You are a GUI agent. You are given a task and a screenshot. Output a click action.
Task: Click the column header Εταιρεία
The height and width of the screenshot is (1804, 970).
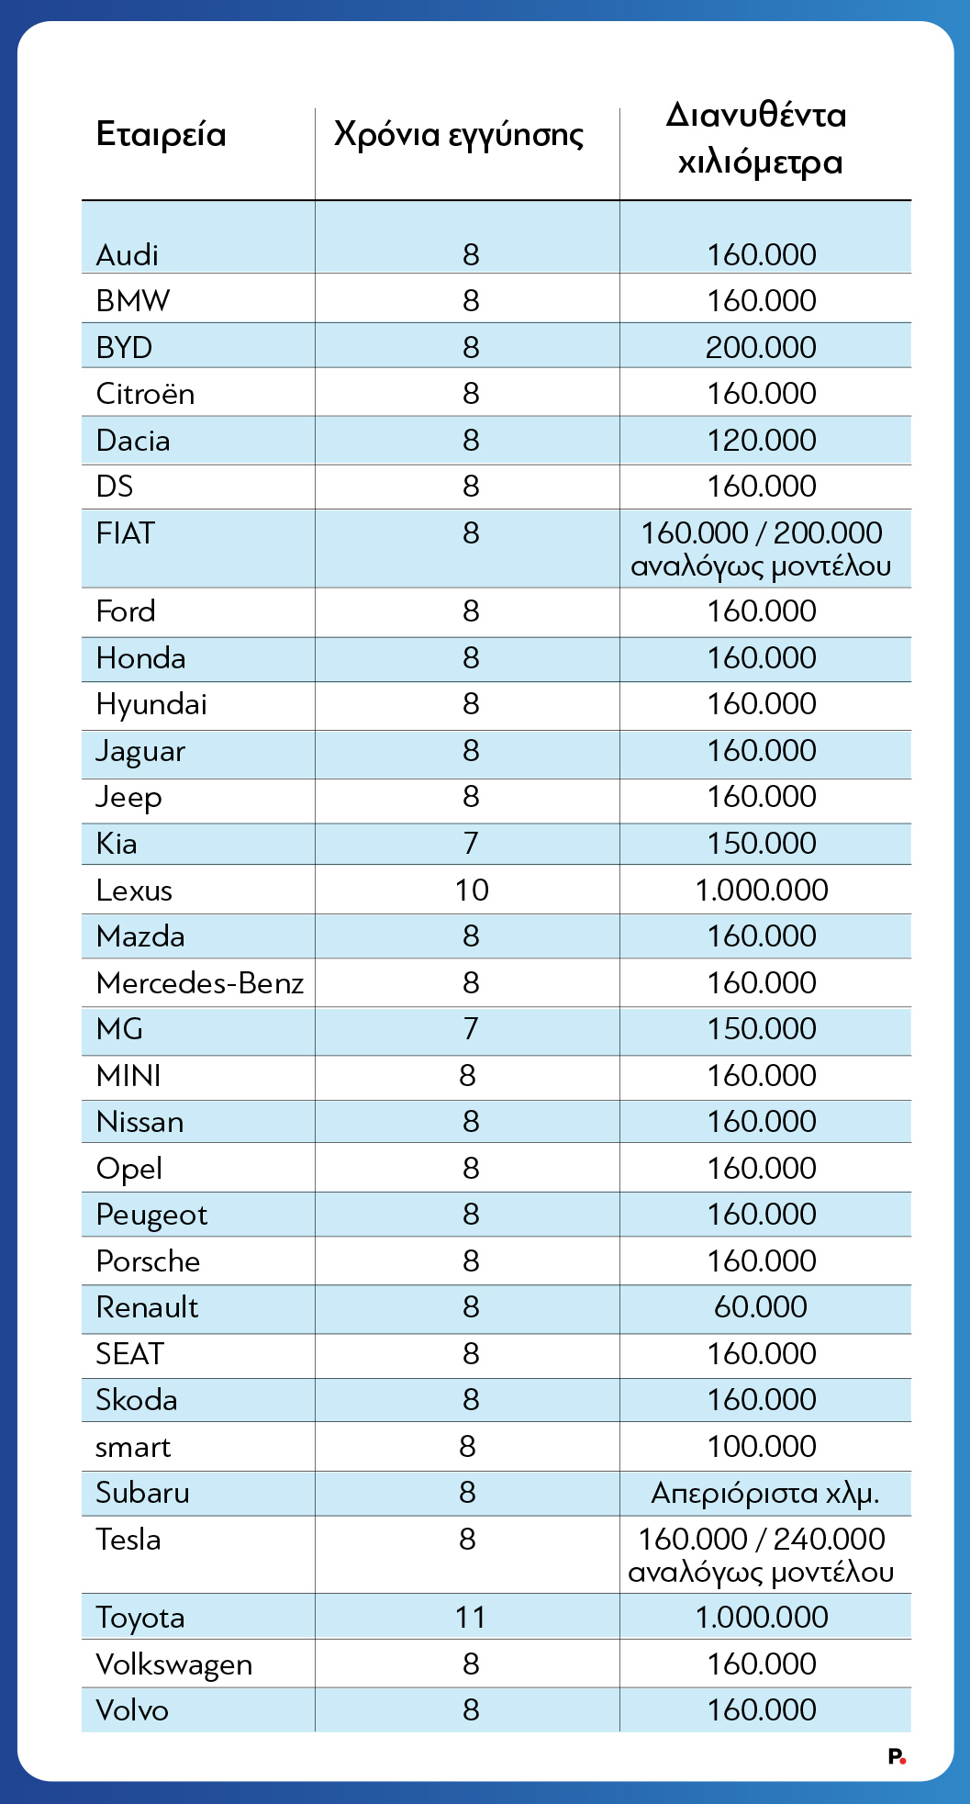click(x=161, y=135)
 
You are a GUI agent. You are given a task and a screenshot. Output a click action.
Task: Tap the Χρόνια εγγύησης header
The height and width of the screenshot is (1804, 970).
click(x=459, y=135)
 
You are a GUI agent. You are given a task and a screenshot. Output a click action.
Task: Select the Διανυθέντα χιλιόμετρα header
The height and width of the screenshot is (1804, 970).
click(x=760, y=139)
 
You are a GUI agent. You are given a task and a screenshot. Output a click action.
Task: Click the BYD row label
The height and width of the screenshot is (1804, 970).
click(x=124, y=348)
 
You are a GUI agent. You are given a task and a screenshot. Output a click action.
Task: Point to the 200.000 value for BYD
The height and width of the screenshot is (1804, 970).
click(x=761, y=348)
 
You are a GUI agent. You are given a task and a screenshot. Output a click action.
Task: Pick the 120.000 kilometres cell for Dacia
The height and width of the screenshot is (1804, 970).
click(x=761, y=441)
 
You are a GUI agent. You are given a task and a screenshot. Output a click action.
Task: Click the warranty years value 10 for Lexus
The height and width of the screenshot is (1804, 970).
click(x=472, y=890)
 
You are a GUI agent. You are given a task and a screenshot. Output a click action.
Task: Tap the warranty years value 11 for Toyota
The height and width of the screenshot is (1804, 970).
click(x=471, y=1617)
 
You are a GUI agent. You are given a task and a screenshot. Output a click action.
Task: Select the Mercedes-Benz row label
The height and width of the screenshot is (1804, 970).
click(x=199, y=983)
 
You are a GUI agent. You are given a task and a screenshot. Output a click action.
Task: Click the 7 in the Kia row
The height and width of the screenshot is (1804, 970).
click(x=471, y=843)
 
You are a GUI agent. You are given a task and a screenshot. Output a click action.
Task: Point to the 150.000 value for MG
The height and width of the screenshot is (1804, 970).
click(x=761, y=1028)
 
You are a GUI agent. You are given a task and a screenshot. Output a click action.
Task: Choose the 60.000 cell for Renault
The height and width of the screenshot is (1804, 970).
click(x=761, y=1306)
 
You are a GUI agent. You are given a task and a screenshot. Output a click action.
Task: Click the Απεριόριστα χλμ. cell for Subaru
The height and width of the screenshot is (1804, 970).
click(x=764, y=1493)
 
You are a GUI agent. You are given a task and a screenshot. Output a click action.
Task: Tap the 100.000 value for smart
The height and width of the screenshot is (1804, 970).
click(x=761, y=1446)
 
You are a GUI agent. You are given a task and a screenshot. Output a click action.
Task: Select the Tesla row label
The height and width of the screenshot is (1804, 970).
click(x=128, y=1540)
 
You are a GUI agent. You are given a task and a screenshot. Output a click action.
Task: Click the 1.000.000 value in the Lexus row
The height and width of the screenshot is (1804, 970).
click(x=762, y=890)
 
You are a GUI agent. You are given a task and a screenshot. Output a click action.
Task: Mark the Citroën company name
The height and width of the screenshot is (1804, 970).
click(x=145, y=394)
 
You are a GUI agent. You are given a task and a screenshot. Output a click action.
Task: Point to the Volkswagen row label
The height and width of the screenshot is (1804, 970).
click(x=173, y=1664)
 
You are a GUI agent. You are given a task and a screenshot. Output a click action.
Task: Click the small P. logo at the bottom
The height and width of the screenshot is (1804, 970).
click(x=897, y=1756)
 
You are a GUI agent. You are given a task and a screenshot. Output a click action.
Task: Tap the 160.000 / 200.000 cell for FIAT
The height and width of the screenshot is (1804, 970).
click(x=761, y=548)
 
